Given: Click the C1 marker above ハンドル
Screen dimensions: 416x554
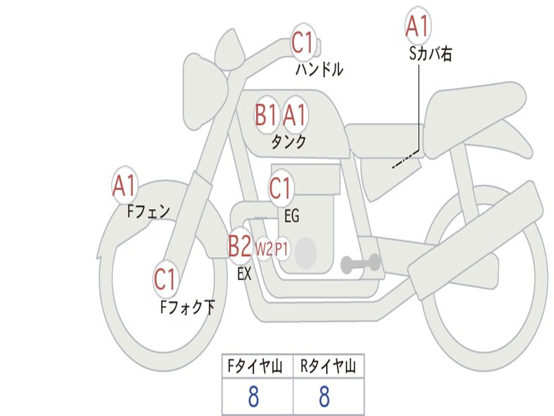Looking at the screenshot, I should tap(303, 43).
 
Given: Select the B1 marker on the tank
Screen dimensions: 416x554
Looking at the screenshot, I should tap(266, 115).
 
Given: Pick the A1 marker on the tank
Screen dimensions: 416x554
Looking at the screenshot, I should tap(295, 115).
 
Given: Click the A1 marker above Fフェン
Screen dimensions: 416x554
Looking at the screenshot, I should tap(125, 186).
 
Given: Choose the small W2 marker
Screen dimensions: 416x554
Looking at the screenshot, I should tap(263, 249).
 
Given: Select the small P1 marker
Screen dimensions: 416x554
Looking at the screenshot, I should tap(282, 249).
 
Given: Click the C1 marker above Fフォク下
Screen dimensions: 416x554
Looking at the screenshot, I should tap(166, 279).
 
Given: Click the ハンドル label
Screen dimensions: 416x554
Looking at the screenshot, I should tap(319, 69).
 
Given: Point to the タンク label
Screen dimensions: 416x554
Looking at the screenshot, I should tap(288, 142).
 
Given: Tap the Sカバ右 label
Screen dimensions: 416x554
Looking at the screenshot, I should tap(431, 54).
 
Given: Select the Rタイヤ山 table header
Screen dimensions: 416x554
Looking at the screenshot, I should tap(328, 367).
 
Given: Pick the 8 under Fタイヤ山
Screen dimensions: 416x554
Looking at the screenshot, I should tap(253, 397).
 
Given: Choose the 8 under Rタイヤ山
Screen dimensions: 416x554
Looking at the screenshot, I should tap(324, 397).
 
